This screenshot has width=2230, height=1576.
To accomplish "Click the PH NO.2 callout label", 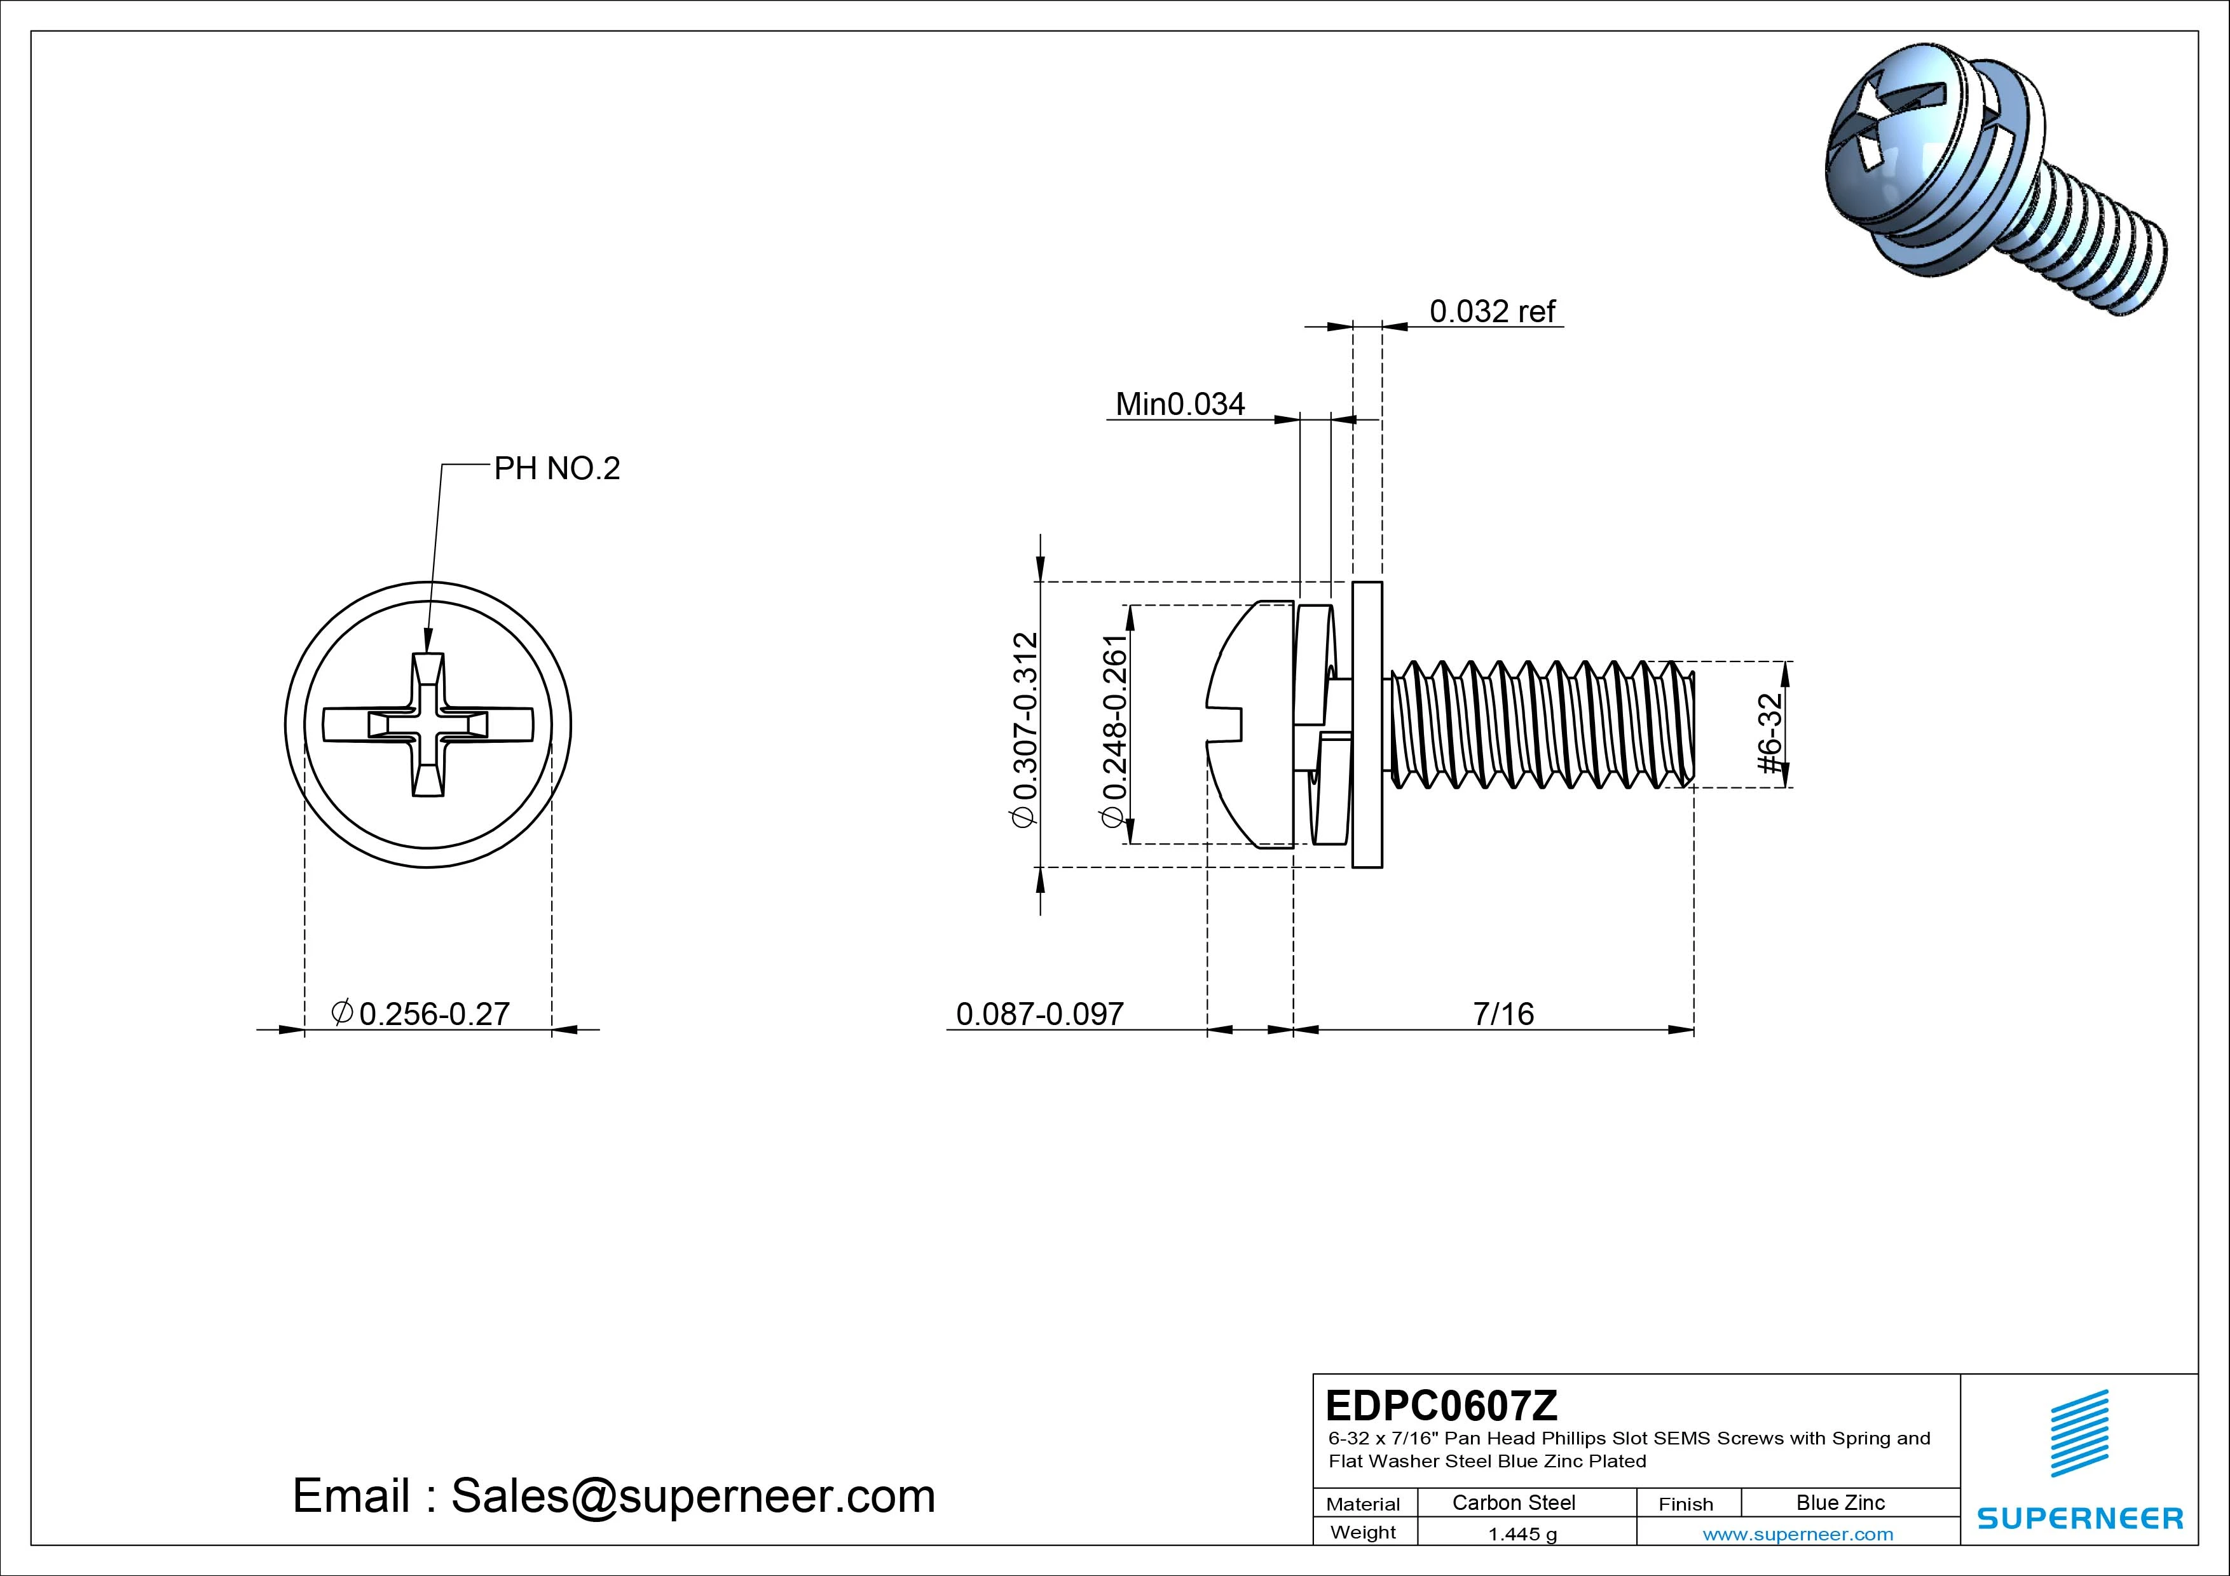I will (x=556, y=469).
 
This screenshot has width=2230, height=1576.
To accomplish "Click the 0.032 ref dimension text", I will (x=1492, y=311).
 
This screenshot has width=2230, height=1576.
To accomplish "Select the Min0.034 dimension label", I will (x=1179, y=404).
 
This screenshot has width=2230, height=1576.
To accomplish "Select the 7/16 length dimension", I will (x=1503, y=1014).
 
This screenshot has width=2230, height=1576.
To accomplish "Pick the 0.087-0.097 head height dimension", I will (x=1039, y=1014).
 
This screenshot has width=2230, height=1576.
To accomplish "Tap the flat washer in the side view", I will (x=1367, y=725).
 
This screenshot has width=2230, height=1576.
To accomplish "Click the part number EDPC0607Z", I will (x=1441, y=1405).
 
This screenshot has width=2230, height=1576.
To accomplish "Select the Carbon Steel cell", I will (x=1513, y=1503).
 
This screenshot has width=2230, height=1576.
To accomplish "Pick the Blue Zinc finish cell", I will (x=1840, y=1503).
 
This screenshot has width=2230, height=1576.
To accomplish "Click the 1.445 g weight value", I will (x=1522, y=1534).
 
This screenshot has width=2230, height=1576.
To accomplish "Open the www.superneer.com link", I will (x=1798, y=1534).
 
